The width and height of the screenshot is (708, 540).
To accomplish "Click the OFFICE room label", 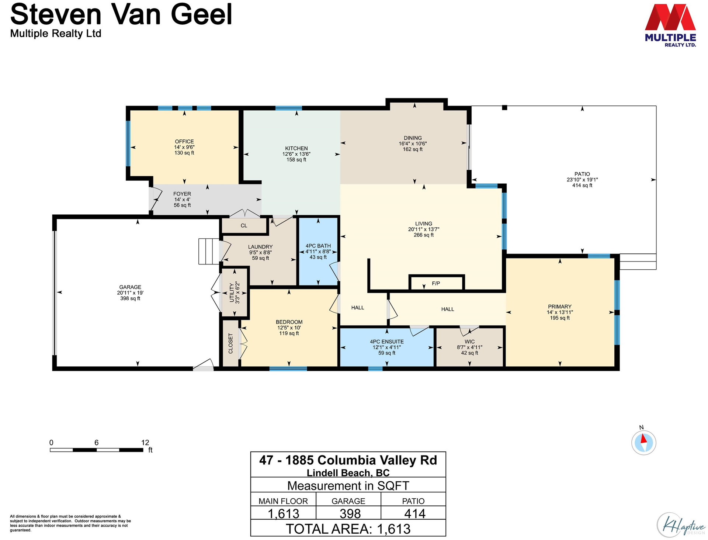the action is click(184, 142).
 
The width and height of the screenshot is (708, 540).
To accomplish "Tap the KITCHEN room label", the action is click(296, 148).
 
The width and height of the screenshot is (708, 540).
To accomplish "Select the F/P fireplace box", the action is click(436, 283).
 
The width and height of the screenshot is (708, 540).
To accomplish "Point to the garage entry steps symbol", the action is click(209, 252).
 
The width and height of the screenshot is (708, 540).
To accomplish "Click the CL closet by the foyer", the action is click(244, 226).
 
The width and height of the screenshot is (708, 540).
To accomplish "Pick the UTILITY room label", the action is click(232, 293).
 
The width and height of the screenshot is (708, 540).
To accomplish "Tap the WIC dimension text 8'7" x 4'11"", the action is click(469, 347).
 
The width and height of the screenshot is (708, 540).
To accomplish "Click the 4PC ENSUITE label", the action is click(387, 342).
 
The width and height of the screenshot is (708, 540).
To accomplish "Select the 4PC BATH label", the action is click(318, 246).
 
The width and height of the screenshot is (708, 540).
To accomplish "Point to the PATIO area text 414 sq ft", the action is click(582, 185).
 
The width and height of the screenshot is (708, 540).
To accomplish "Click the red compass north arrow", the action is click(643, 439).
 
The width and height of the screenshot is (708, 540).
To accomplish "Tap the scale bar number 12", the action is click(145, 442).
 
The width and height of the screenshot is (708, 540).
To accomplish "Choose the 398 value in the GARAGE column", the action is click(350, 513).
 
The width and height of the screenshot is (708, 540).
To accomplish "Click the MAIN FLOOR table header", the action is click(283, 501).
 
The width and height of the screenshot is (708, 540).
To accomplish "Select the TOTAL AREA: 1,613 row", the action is click(348, 529).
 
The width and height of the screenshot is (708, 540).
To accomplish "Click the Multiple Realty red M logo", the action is click(670, 17).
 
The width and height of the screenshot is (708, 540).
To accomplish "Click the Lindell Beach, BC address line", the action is click(348, 472).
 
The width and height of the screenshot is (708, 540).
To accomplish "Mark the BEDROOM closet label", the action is click(231, 343).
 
